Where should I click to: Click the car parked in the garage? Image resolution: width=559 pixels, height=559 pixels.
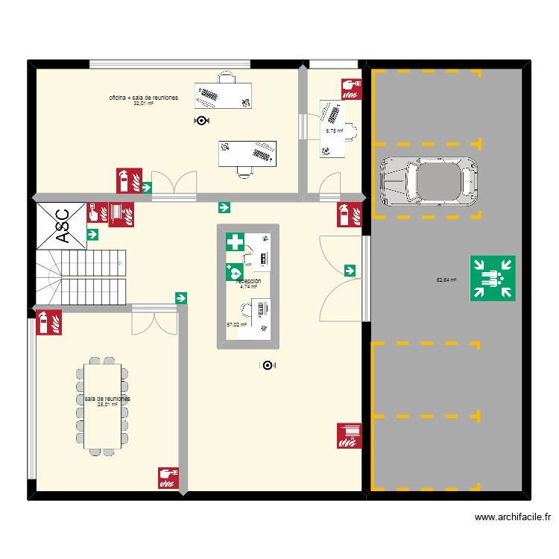click(429, 180)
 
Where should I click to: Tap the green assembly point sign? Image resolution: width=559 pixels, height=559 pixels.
click(493, 278)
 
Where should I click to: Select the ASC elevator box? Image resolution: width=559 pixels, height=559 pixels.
click(61, 224)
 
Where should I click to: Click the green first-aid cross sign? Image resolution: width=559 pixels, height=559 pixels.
click(236, 242)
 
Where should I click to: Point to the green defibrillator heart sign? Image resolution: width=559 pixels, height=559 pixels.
click(234, 273)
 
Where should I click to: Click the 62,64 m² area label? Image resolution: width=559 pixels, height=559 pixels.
click(446, 280)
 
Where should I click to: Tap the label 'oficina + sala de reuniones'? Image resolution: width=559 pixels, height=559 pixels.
click(143, 98)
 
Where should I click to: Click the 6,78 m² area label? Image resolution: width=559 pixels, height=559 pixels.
click(334, 130)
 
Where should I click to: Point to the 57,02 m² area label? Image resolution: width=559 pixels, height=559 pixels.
click(236, 325)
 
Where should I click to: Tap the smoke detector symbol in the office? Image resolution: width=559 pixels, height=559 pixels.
click(201, 120)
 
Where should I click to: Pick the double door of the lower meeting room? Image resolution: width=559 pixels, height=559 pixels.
click(155, 320)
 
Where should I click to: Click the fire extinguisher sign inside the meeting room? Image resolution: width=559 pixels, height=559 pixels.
click(48, 322)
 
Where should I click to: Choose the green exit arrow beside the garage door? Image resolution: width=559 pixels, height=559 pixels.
click(350, 270)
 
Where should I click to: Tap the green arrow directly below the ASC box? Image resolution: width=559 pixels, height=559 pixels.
click(93, 235)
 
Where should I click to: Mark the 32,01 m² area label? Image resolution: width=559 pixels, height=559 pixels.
click(143, 104)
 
